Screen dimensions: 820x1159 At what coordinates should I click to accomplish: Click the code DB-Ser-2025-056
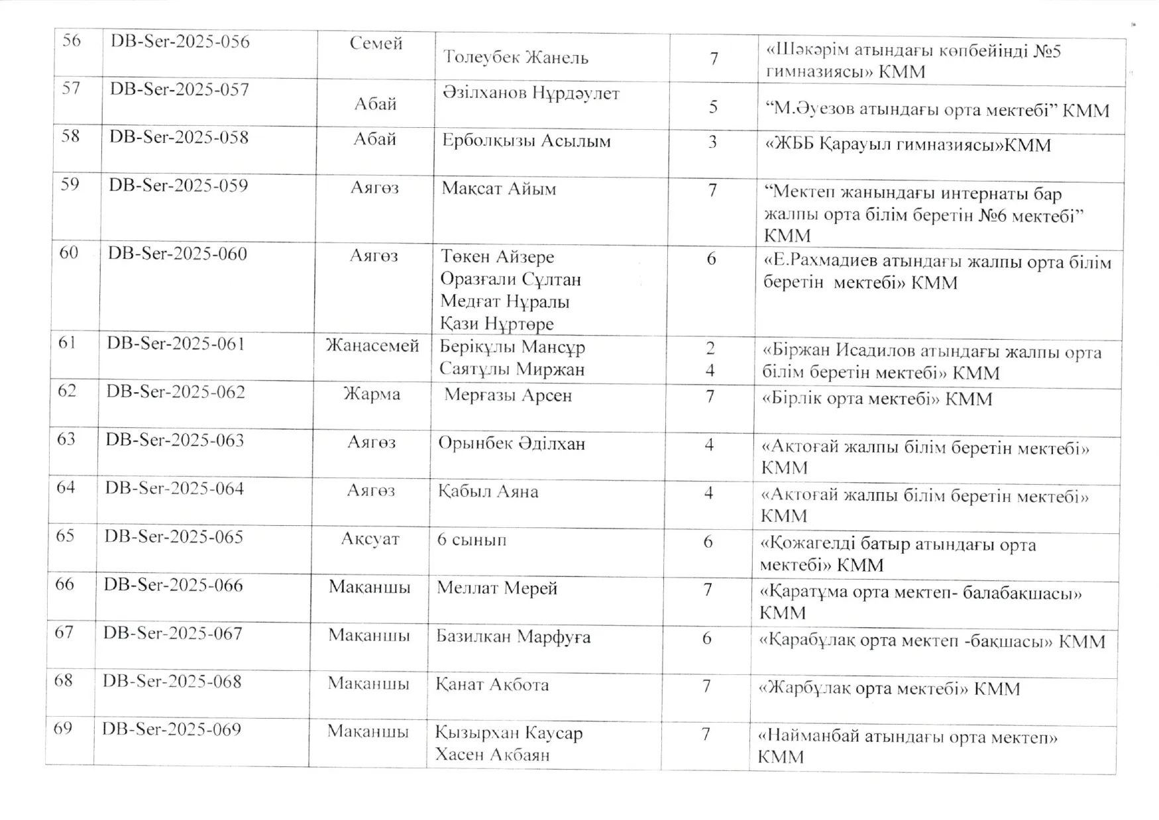(180, 42)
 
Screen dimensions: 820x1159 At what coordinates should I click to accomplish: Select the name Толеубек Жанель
(516, 58)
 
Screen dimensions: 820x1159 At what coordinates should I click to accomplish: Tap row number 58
(70, 136)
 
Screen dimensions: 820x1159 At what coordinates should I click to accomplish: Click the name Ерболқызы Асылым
(526, 141)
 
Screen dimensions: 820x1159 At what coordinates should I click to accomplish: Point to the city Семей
(376, 44)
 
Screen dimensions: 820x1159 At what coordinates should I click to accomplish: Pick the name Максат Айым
(498, 189)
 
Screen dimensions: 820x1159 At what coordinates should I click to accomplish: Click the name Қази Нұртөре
(496, 324)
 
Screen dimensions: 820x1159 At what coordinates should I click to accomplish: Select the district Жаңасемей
(372, 346)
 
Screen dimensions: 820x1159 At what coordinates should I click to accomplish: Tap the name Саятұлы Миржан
(512, 369)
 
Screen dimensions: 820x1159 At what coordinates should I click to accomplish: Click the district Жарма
(371, 394)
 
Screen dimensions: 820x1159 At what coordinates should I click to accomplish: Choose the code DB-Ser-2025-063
(175, 440)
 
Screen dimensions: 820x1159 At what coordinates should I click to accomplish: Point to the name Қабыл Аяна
(488, 491)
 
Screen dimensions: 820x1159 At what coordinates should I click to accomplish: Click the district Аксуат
(370, 539)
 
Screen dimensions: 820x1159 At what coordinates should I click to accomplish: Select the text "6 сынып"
(471, 540)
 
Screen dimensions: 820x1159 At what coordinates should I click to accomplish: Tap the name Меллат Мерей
(496, 588)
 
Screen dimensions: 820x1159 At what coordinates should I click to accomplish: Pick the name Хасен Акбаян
(492, 754)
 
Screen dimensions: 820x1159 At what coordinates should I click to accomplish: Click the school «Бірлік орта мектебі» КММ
(877, 399)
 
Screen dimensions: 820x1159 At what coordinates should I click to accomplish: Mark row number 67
(64, 633)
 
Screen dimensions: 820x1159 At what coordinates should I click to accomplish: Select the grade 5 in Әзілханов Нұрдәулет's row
(713, 107)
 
